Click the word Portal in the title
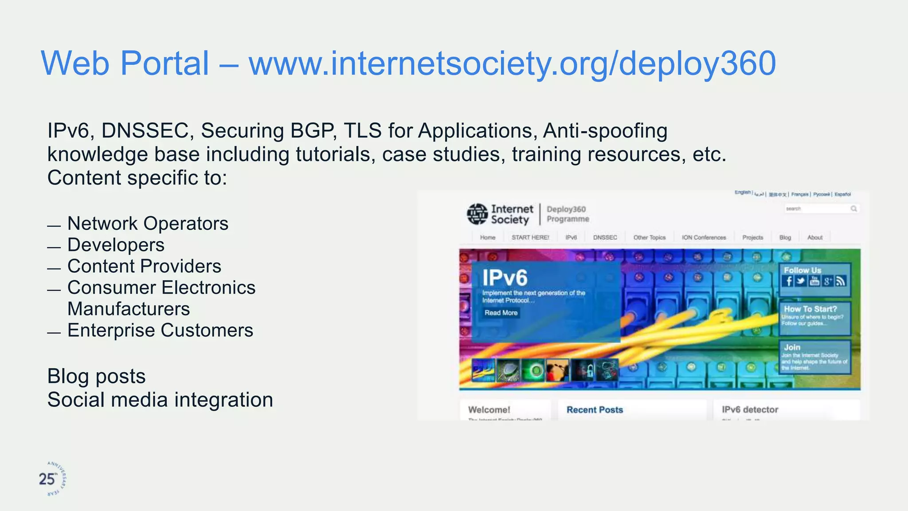164,63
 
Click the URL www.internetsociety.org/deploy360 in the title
512,63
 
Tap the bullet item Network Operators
148,224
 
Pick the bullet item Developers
116,245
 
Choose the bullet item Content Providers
144,266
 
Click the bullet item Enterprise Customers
160,330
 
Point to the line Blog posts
96,377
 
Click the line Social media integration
160,400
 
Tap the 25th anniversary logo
52,479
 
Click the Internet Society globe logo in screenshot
477,214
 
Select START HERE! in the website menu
530,238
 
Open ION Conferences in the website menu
704,238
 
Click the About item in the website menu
814,238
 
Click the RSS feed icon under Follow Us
841,281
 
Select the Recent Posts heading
595,410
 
